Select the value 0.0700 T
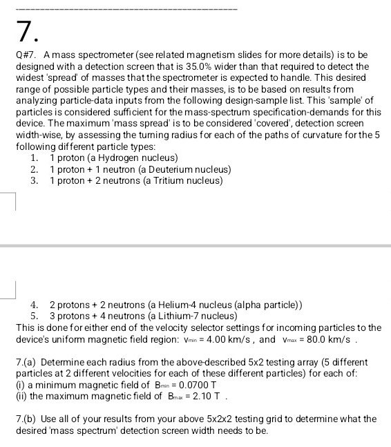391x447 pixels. pyautogui.click(x=174, y=386)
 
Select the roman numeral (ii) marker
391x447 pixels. pyautogui.click(x=21, y=397)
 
